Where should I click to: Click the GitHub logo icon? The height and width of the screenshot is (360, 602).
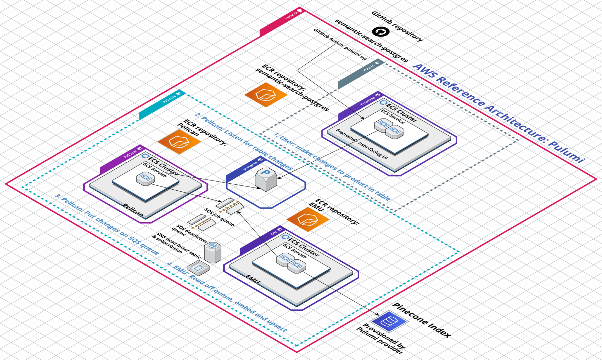click(x=380, y=32)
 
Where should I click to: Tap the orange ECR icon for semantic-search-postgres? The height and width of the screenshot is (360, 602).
click(x=266, y=94)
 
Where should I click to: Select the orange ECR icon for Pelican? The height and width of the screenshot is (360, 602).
click(x=179, y=142)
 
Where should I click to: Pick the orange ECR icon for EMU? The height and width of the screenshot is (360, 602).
click(x=308, y=219)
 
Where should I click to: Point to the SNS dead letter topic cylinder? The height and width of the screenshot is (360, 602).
click(x=212, y=252)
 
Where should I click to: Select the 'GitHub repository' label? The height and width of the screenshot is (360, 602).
click(x=397, y=26)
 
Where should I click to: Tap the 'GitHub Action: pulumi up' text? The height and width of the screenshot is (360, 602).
click(x=340, y=44)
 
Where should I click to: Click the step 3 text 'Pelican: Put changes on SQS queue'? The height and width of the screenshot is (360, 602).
click(x=107, y=224)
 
